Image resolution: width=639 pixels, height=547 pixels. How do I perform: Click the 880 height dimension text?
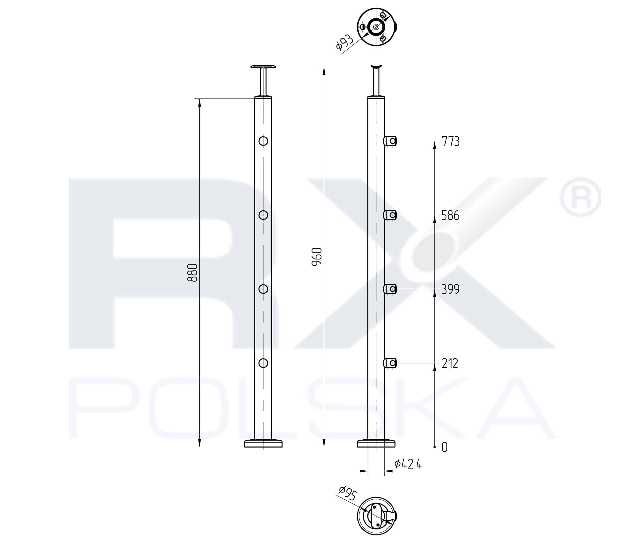pos(192,273)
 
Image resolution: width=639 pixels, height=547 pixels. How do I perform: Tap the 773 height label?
pos(451,141)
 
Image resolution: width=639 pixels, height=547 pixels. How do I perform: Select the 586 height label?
pos(450,215)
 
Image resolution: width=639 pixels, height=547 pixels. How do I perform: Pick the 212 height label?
pos(450,363)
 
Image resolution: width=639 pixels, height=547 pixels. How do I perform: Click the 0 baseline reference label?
pos(444,447)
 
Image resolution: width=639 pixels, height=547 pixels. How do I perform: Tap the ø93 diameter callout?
pos(344,42)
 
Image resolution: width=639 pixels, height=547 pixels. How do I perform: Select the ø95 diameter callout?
pos(347,493)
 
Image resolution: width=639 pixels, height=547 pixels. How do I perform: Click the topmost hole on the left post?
pos(263,141)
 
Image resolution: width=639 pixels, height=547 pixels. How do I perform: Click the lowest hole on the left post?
pos(263,363)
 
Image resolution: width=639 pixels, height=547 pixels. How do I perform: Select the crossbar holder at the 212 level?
pos(390,363)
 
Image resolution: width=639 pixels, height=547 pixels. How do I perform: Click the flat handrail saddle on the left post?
pos(263,67)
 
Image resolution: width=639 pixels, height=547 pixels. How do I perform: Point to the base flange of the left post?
pos(263,444)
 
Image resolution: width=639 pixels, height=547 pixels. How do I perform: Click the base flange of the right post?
pos(376,444)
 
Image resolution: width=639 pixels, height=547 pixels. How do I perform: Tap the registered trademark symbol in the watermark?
pos(580,197)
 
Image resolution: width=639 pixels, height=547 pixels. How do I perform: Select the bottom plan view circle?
pos(376,516)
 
